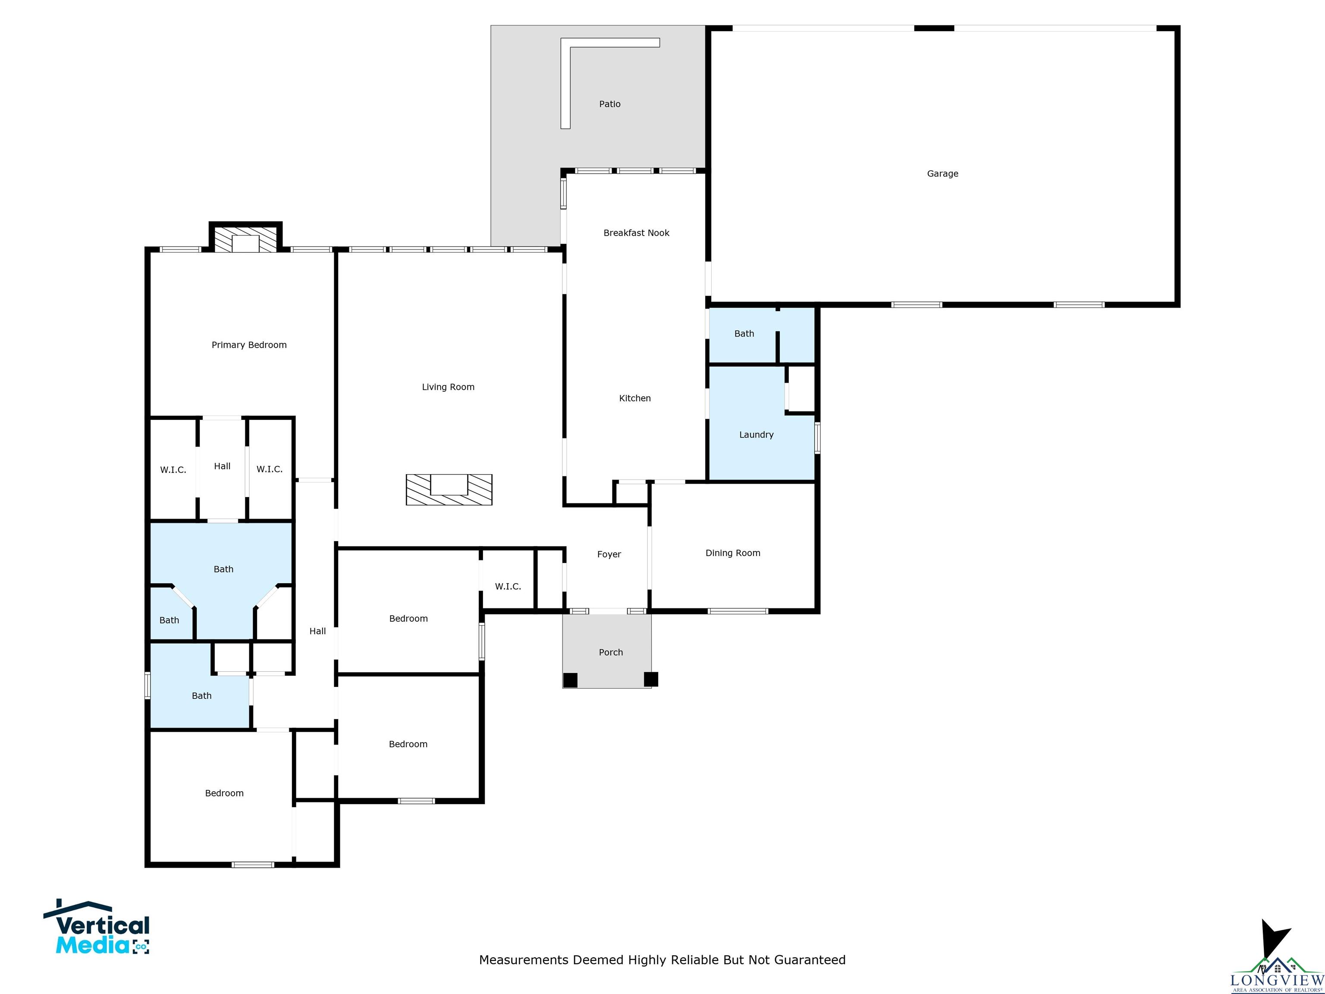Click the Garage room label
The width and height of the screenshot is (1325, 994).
pos(942,174)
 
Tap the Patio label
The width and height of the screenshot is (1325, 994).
pos(610,104)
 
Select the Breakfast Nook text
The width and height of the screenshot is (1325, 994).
pos(636,233)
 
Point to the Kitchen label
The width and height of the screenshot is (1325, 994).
pos(635,399)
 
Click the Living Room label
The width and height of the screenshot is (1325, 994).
pos(448,387)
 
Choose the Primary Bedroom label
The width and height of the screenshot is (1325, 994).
pos(249,345)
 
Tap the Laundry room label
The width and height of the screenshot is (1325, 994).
pos(757,435)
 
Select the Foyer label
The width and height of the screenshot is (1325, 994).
pos(609,555)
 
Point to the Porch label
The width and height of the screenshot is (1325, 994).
pos(611,652)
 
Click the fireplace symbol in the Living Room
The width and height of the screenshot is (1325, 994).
pos(449,490)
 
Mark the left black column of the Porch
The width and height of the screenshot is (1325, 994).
pos(570,679)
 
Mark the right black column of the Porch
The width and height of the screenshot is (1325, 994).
pos(651,679)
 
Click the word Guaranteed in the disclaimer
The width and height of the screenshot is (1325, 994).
pos(810,960)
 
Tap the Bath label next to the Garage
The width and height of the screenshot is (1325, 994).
pos(744,334)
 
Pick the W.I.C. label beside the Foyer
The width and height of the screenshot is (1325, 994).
pos(508,587)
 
